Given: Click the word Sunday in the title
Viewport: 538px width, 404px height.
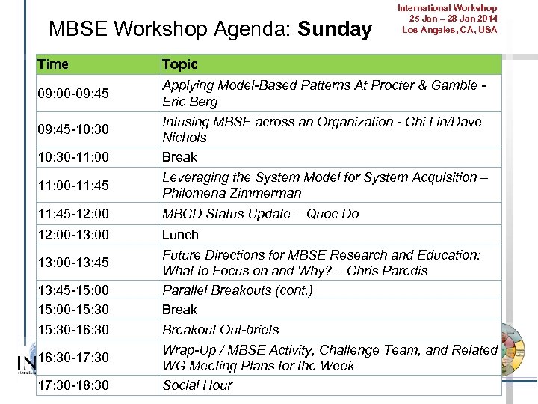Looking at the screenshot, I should [334, 29].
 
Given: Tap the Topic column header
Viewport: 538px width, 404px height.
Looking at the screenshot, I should [180, 64].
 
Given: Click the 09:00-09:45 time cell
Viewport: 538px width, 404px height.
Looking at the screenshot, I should [73, 94].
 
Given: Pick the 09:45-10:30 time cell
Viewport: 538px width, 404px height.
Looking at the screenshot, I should [73, 129].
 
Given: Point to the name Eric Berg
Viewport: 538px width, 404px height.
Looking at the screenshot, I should [190, 102].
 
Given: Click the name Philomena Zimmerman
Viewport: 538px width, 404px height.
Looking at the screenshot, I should [232, 193].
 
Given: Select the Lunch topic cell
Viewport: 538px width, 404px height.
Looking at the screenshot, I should [180, 235].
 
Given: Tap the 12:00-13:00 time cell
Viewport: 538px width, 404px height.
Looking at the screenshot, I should [73, 235].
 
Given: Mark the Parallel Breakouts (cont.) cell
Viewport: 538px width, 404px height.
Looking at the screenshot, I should [237, 290].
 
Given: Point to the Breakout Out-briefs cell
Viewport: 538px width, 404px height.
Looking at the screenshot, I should [220, 330].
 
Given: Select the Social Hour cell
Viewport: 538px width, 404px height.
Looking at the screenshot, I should [197, 385].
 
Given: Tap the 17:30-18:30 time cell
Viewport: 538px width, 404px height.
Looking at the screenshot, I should [73, 385].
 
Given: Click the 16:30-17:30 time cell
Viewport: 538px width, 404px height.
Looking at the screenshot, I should [73, 358].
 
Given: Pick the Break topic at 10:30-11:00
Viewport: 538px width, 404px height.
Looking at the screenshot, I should [179, 157].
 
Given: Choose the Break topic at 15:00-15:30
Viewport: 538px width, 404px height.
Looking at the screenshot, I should [179, 310].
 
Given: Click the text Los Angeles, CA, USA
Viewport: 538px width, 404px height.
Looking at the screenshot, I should [449, 30].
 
